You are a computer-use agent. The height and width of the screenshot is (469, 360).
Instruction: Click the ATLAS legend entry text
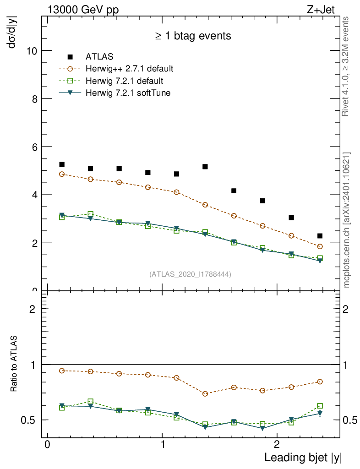(99, 57)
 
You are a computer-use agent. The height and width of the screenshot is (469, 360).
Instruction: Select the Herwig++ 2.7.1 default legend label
(129, 69)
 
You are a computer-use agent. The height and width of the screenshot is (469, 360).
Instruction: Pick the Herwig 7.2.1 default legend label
(124, 81)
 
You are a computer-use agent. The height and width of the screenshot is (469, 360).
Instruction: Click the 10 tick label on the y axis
(31, 50)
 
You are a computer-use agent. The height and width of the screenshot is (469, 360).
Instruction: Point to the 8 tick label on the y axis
(34, 98)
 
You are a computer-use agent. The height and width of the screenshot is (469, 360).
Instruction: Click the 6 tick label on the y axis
(34, 147)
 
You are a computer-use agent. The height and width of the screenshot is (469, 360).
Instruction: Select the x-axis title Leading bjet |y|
(303, 458)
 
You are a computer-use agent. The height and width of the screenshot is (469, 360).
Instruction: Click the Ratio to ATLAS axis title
(14, 364)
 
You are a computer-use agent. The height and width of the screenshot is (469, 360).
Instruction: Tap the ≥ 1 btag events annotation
(193, 36)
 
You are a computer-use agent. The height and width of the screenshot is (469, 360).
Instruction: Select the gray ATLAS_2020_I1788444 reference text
(190, 274)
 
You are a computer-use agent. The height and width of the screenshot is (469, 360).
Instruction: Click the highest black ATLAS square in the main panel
(62, 164)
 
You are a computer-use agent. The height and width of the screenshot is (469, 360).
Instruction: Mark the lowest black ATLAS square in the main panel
(320, 236)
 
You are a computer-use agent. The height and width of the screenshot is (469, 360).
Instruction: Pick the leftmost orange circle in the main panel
(62, 174)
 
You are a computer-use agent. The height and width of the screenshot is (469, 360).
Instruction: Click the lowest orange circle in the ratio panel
(205, 394)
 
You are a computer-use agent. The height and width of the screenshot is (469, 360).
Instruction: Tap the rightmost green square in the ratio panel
(320, 406)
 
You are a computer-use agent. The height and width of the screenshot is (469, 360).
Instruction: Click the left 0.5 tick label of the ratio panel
(31, 420)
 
